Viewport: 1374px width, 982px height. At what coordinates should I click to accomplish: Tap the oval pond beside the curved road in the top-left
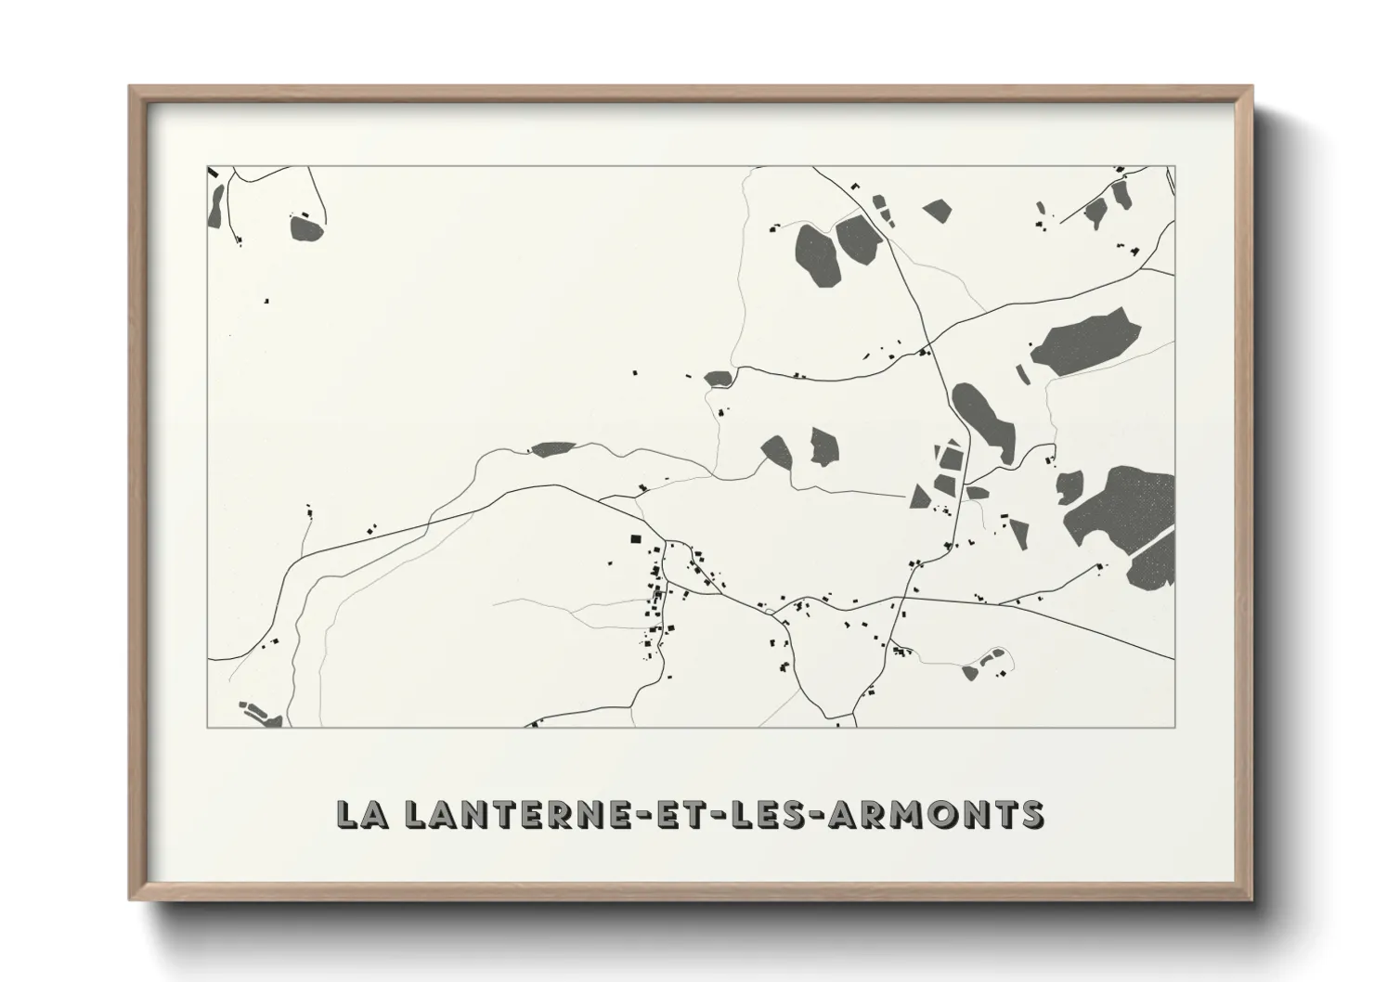(x=306, y=227)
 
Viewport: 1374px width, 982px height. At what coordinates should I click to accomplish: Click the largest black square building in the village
(x=636, y=538)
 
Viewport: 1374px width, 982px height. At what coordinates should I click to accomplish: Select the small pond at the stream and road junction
(x=719, y=378)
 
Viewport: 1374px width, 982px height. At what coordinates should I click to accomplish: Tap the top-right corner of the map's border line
(x=1175, y=167)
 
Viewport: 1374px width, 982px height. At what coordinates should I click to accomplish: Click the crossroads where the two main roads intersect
(x=925, y=351)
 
